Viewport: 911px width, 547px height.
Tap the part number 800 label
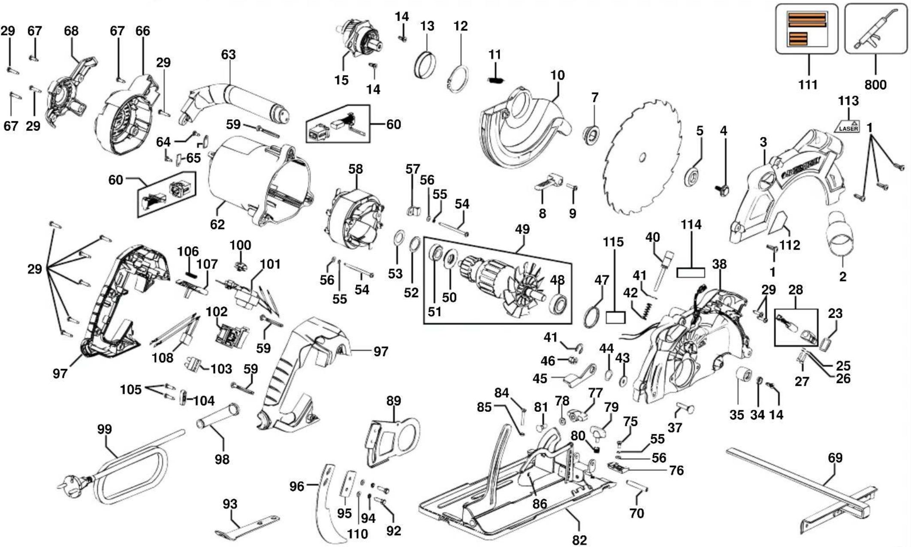[x=875, y=85]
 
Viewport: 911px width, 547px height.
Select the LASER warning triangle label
[x=847, y=126]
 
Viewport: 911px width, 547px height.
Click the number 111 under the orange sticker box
[x=807, y=85]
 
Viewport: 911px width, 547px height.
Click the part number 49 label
[x=522, y=230]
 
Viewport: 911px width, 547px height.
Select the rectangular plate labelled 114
[x=691, y=272]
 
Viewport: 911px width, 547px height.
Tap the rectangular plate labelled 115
[x=615, y=317]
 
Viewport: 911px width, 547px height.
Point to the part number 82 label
[x=579, y=540]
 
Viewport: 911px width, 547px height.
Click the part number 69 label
[x=835, y=458]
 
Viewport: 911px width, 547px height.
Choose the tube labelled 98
[x=218, y=415]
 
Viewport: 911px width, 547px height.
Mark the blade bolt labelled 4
[x=723, y=189]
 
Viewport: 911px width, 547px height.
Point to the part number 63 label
[x=228, y=54]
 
